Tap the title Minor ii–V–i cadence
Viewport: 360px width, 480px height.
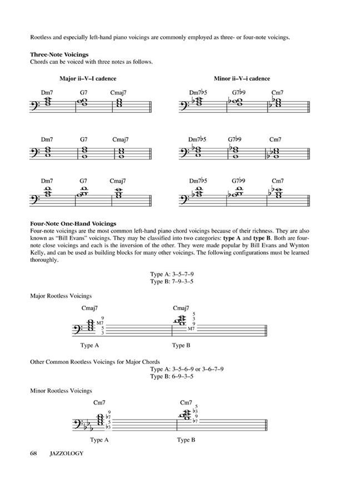point(242,79)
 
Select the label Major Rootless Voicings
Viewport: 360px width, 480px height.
point(61,296)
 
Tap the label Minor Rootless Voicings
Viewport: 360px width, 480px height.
point(61,391)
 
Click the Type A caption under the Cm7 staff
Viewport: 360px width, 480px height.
point(98,440)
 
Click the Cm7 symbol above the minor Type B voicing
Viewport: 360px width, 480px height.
point(186,403)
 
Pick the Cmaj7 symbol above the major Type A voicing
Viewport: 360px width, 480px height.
point(90,308)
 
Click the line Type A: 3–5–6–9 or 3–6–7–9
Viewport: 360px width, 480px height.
point(194,369)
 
